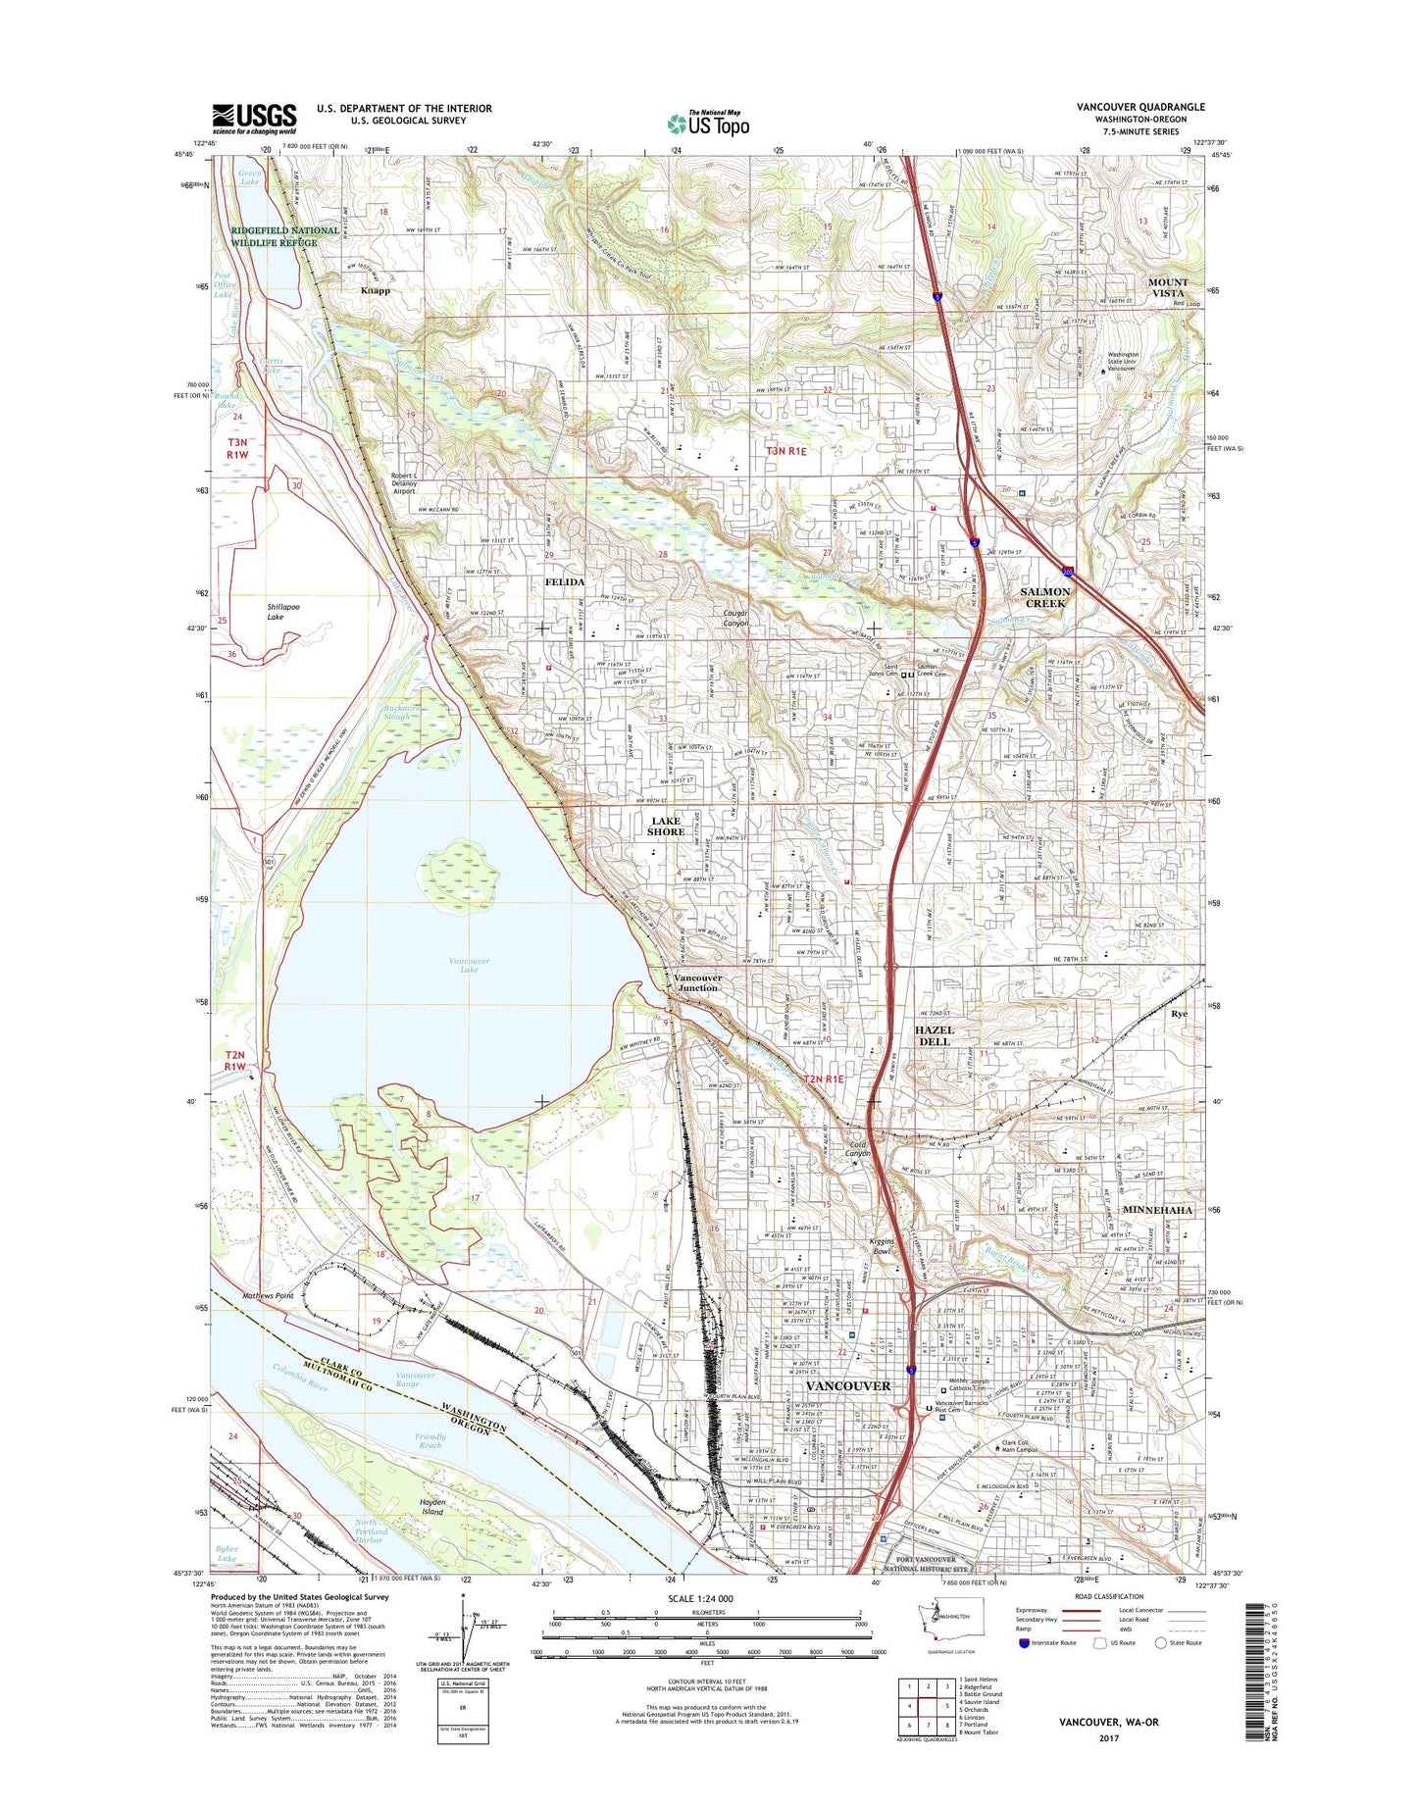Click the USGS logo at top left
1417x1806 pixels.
coord(254,119)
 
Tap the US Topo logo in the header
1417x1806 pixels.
coord(708,124)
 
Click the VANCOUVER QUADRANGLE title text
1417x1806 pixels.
coord(1140,107)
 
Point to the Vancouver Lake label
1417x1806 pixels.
coord(469,965)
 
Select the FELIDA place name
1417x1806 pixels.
coord(565,581)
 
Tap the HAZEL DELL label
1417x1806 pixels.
coord(934,1035)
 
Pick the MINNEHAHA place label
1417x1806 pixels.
coord(1158,1210)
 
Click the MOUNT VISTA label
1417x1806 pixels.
coord(1167,287)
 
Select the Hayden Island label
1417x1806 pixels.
coord(432,1507)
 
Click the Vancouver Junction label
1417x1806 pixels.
coord(697,982)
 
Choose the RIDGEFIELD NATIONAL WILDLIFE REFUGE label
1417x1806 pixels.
coord(285,236)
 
